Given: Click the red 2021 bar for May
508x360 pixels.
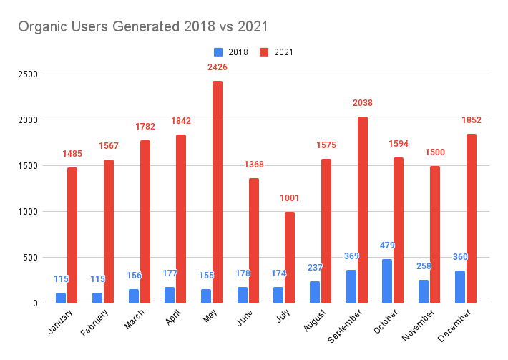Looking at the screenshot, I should pos(218,192).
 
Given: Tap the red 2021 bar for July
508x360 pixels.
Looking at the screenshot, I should pos(290,257).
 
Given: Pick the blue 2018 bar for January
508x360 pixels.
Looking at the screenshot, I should pos(60,297).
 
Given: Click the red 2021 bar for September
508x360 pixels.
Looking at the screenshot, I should pos(363,210).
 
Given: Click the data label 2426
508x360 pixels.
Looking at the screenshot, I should pos(218,67).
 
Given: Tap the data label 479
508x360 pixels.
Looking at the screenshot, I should pos(388,245).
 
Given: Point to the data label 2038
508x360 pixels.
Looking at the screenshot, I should pos(363,103).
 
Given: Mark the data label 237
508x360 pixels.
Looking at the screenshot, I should pos(315,268).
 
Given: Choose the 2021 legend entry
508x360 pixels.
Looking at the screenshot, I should pos(275,52).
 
